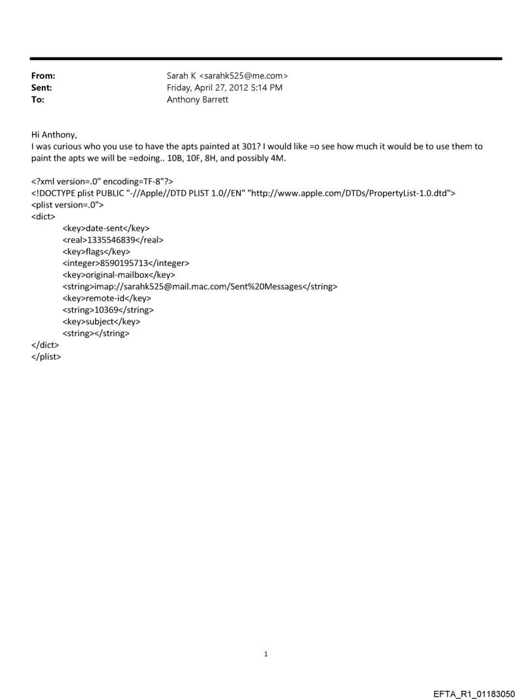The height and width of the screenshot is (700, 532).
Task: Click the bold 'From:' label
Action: tap(43, 76)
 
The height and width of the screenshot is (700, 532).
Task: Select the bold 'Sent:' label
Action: tap(42, 88)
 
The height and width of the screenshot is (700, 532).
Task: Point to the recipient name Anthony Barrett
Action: tap(198, 100)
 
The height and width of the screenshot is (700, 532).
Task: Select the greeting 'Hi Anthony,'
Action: tap(54, 135)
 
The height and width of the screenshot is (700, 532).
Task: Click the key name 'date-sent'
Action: tap(105, 228)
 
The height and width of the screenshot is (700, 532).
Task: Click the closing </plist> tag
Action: tap(46, 357)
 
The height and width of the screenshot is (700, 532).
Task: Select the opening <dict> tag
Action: tap(44, 216)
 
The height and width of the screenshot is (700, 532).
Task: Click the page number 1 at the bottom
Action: tap(265, 654)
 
